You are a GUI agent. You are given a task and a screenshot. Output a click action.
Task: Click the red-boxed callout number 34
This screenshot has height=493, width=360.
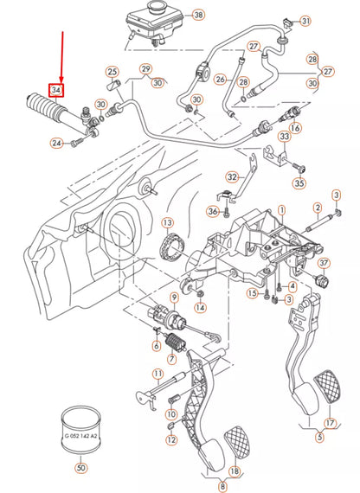coord(57,90)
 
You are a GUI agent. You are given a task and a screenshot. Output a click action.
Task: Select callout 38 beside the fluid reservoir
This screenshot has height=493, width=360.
coord(197,16)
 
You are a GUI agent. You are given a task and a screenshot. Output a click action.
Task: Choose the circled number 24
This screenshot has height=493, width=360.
coord(56,143)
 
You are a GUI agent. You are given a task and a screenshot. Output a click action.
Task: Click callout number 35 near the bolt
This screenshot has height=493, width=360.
coord(299,182)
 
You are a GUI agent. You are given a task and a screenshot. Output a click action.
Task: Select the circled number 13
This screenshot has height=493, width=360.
coord(166,223)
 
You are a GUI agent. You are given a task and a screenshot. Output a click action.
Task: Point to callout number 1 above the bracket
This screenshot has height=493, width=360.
coord(280,210)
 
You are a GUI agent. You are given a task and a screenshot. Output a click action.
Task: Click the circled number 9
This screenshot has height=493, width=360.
coord(174,297)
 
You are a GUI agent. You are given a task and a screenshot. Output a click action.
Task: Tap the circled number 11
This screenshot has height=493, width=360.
coord(157,375)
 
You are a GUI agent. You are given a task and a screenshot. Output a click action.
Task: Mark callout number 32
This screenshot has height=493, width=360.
coord(230,177)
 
